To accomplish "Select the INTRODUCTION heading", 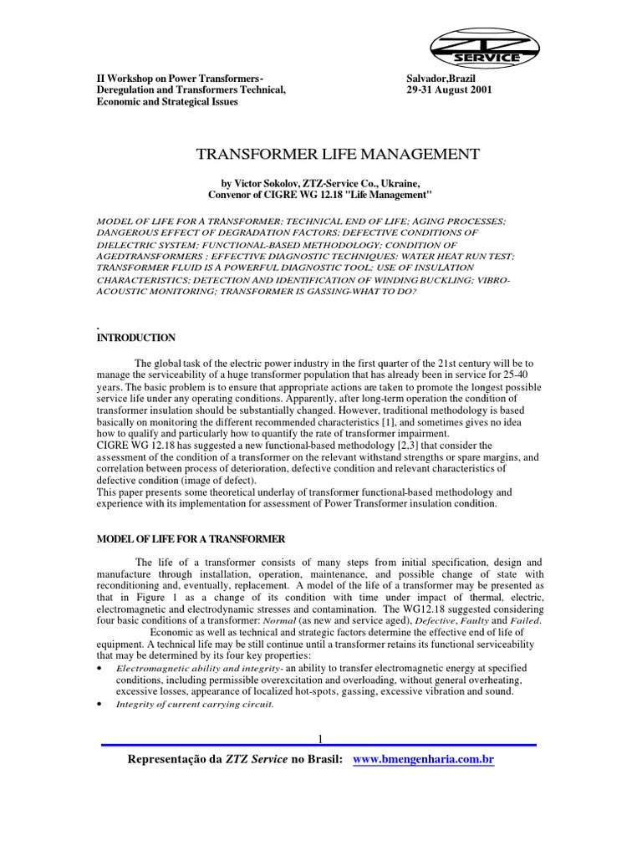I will (136, 338).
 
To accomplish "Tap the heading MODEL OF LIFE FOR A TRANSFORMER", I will (191, 539).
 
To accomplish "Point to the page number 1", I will (319, 737).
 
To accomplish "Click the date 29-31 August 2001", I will (450, 89).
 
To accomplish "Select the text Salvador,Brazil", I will (441, 78).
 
